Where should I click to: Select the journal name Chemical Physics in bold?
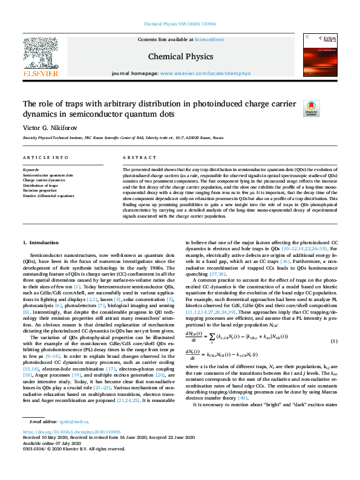click(180, 56)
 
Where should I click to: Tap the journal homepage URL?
click(205, 73)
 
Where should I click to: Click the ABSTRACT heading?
click(135, 157)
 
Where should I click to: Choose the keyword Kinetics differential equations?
click(48, 196)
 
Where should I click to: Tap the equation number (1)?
click(334, 343)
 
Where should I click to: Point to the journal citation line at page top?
click(180, 24)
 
